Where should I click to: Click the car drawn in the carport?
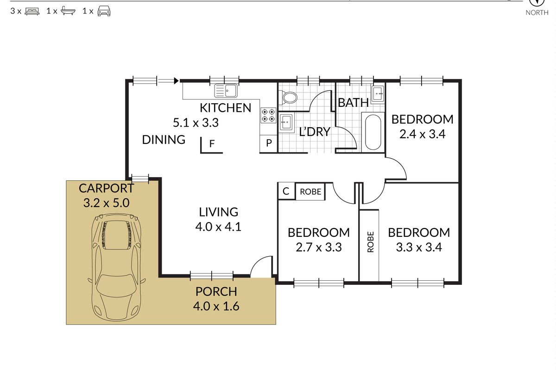[116, 267]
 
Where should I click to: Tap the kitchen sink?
[226, 91]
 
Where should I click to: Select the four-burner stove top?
[268, 115]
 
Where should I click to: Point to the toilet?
[288, 98]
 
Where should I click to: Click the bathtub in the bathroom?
[373, 132]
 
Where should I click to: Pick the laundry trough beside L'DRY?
[286, 122]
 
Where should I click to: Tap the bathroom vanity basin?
[378, 93]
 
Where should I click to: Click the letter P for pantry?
[269, 143]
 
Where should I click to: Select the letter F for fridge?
[212, 143]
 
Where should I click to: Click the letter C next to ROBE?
[286, 191]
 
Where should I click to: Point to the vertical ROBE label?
[370, 242]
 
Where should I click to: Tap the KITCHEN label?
[225, 108]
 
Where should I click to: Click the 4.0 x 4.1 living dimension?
[218, 227]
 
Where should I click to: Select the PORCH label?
[216, 292]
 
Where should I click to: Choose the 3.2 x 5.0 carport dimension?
[106, 203]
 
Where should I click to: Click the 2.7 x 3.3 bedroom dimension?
[319, 247]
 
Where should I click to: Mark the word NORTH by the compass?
[537, 12]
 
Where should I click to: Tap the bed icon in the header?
[32, 12]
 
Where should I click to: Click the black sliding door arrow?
[176, 80]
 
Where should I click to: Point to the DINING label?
[164, 140]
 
